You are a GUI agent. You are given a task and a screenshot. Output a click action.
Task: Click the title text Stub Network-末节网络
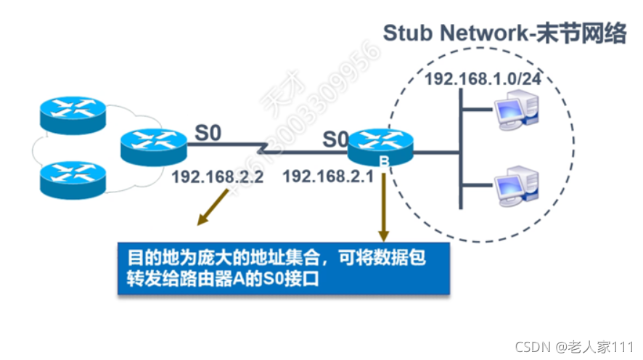[x=504, y=33]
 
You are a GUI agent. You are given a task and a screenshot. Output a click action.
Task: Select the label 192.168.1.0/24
[x=473, y=80]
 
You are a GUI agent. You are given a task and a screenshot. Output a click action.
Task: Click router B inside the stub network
[x=379, y=148]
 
